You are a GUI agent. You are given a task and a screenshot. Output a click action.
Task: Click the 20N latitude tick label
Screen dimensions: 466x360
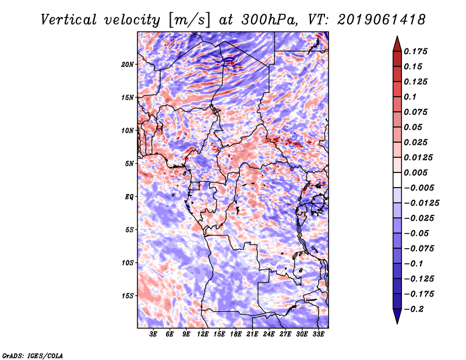click(128, 65)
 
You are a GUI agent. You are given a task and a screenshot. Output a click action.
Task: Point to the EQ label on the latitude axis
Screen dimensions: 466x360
click(129, 197)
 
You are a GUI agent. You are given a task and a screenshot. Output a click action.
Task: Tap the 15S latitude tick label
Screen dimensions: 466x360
click(128, 296)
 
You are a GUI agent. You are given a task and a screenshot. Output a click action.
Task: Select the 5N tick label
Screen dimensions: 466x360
click(129, 164)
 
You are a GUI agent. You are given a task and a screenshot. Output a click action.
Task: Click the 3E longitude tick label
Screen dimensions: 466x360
click(153, 334)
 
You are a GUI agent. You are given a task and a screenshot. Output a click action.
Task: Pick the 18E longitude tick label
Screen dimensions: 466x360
click(236, 334)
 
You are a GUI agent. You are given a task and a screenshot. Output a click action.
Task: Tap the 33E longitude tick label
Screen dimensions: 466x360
click(318, 334)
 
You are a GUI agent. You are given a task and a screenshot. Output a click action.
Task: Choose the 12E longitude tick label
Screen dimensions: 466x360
click(203, 334)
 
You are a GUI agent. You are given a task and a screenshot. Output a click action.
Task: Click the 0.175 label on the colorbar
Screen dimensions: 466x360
click(415, 51)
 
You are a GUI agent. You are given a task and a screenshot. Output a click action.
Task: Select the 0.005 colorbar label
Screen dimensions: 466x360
click(415, 172)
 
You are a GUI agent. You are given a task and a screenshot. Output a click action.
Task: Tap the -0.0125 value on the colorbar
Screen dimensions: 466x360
click(421, 203)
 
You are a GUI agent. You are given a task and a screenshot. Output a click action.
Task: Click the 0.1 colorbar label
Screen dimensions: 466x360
click(410, 97)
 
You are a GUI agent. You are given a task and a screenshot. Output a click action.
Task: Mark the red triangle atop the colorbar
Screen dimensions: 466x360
click(397, 44)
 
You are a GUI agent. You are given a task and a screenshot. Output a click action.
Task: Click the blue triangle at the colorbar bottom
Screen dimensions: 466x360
click(397, 316)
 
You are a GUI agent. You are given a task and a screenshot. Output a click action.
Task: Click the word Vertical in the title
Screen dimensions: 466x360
click(69, 20)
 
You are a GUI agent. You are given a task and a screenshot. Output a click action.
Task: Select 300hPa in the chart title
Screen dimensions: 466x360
click(269, 20)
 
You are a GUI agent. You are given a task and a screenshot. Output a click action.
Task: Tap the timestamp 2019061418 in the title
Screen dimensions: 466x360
click(382, 20)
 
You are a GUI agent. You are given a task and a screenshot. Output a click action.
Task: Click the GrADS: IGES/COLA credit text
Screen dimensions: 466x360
click(33, 356)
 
